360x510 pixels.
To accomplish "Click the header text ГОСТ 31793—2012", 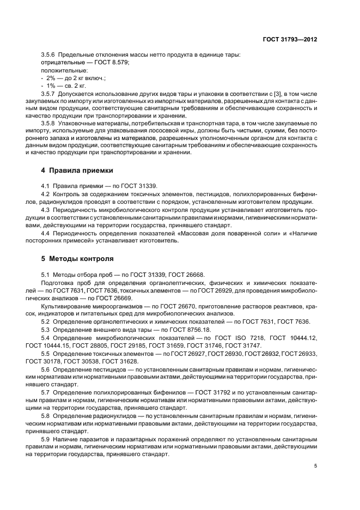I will (x=292, y=39).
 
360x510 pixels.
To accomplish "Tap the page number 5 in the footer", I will (x=315, y=466).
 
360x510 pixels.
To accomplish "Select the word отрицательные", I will (x=60, y=63).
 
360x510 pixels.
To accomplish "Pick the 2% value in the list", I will (x=50, y=78).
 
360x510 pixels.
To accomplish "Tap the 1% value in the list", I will (x=50, y=86).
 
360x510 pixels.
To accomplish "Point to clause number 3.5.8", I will (x=48, y=124).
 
